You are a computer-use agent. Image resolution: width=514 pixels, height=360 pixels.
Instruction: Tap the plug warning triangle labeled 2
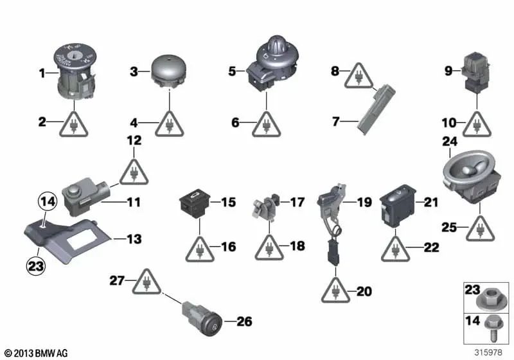coord(75,121)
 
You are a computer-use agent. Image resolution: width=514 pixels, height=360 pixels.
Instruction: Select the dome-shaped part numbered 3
coord(168,70)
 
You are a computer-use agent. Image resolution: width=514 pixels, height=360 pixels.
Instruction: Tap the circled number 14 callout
coord(46,202)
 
